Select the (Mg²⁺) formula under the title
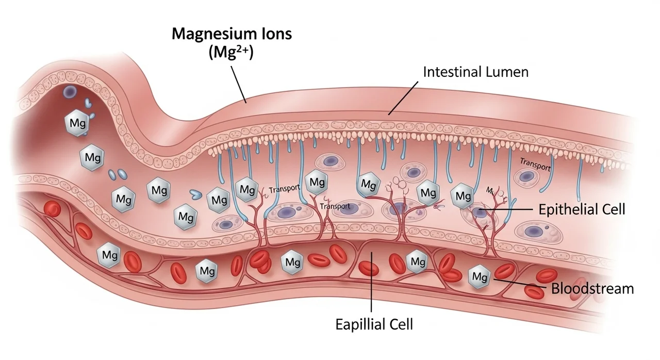pyautogui.click(x=232, y=53)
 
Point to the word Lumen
pyautogui.click(x=508, y=72)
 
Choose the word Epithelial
pyautogui.click(x=568, y=209)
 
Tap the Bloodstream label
pyautogui.click(x=592, y=288)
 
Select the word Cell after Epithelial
pyautogui.click(x=612, y=209)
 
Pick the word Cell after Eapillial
pyautogui.click(x=400, y=324)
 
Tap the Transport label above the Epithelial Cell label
pyautogui.click(x=535, y=165)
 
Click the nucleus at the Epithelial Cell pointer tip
pyautogui.click(x=480, y=211)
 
